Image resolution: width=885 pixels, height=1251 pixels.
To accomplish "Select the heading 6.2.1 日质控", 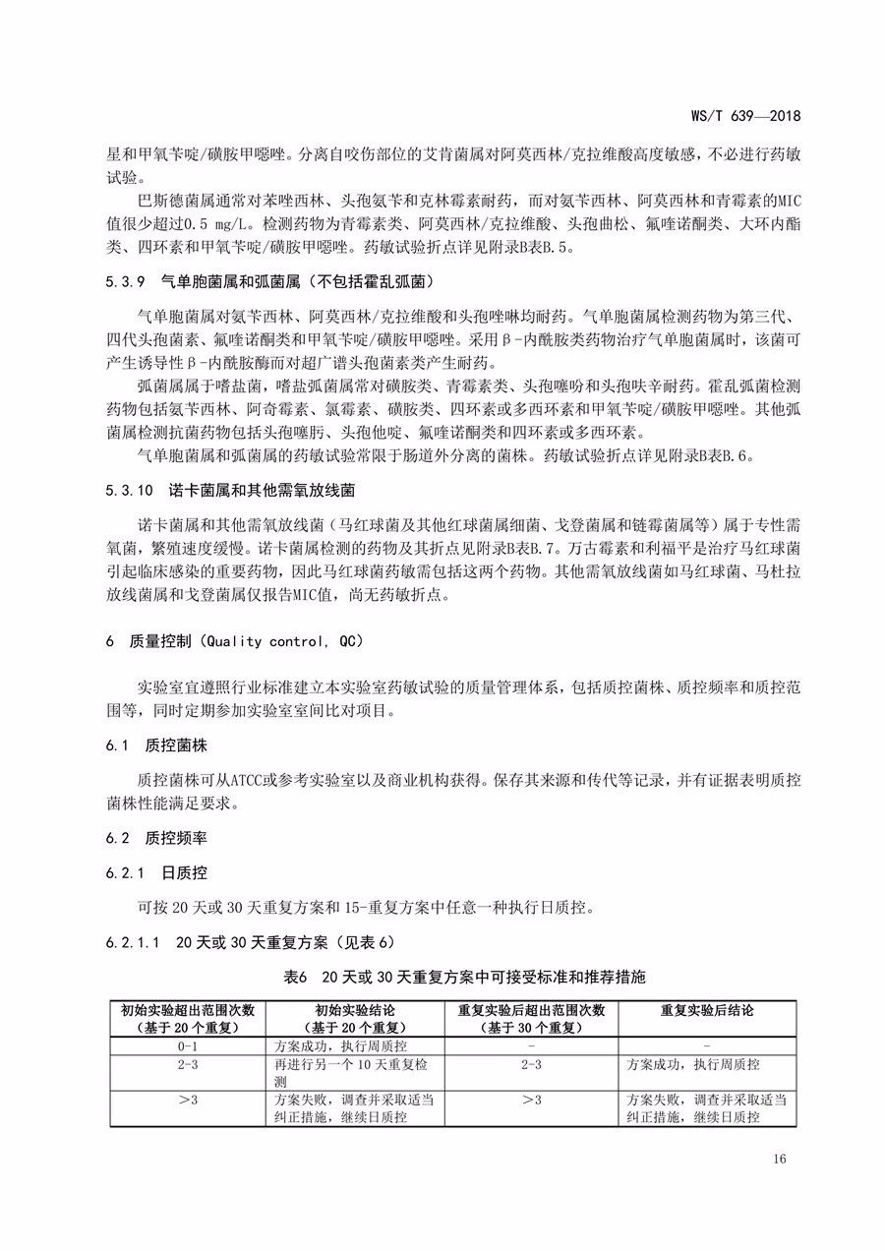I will coord(157,872).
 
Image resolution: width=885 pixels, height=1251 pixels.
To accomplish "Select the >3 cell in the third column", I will coord(531,1100).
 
